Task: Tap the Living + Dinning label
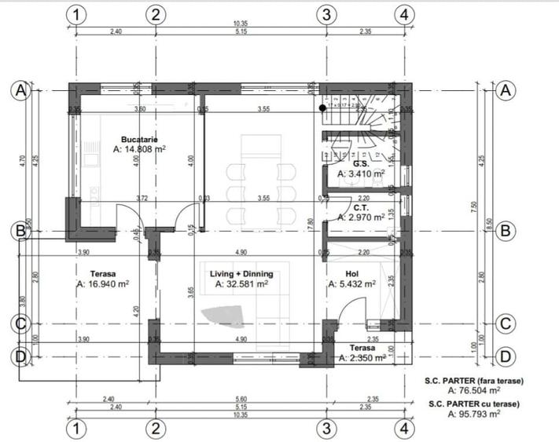coord(241,274)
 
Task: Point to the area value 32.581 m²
coord(245,284)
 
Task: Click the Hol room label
coord(351,274)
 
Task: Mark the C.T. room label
coord(361,207)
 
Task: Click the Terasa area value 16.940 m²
coord(105,284)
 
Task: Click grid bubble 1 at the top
coord(75,14)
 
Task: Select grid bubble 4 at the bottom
coord(403,429)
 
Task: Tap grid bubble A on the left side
coord(19,90)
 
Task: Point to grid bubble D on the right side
coord(506,356)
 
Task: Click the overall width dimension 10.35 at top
coord(240,24)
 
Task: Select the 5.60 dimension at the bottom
coord(240,399)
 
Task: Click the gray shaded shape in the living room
coord(224,316)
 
